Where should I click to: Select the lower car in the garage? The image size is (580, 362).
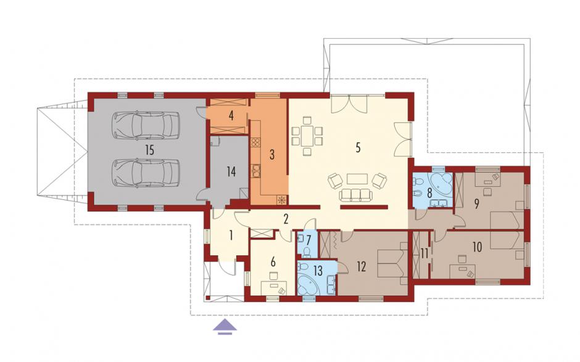tap(146, 173)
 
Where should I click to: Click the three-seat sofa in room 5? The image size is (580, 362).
tap(355, 195)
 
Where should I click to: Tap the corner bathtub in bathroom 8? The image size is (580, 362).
tap(440, 185)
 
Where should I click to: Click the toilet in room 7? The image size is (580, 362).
tap(306, 252)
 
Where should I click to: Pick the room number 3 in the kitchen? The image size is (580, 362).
tap(272, 154)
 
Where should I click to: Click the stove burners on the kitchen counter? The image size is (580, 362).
tap(255, 142)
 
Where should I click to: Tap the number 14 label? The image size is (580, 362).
tap(231, 171)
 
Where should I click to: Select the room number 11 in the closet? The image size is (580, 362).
tap(423, 253)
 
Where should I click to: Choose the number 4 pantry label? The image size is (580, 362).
tap(231, 116)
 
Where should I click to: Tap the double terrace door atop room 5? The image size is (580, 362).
tap(350, 104)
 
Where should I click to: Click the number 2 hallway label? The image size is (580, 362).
tap(286, 220)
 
